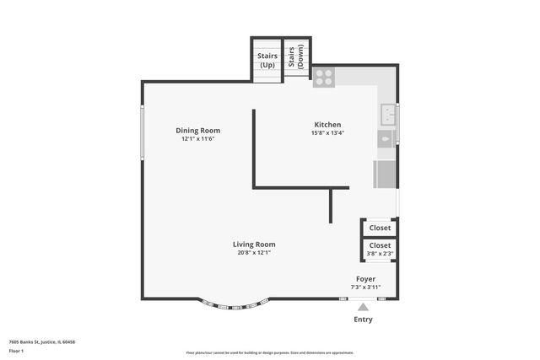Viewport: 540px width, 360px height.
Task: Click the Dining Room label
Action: (197, 130)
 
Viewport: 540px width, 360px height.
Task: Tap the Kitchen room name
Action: (327, 123)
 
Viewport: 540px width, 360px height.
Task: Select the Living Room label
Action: (253, 244)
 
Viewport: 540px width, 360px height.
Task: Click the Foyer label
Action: (365, 278)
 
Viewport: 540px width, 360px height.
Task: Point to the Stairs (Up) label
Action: (267, 60)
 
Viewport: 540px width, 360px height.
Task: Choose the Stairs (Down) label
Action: (296, 57)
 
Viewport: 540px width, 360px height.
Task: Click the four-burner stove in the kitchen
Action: (323, 77)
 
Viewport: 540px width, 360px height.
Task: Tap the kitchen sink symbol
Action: (387, 112)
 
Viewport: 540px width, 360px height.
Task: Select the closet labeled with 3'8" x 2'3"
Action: (379, 249)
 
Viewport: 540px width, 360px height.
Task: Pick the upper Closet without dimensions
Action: (380, 228)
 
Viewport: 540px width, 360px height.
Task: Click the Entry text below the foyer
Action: (363, 320)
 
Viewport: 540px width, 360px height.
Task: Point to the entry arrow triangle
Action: (364, 307)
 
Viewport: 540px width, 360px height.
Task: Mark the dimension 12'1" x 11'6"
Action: (197, 139)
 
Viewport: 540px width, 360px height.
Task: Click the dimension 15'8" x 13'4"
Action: (327, 132)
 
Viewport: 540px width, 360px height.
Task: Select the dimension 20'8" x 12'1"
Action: (253, 252)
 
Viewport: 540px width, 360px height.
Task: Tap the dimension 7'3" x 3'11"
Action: (365, 287)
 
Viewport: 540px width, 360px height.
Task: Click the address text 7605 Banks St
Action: (42, 341)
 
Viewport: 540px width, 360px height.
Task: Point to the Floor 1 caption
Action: (17, 350)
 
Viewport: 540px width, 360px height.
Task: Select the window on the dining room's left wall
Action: (142, 132)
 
